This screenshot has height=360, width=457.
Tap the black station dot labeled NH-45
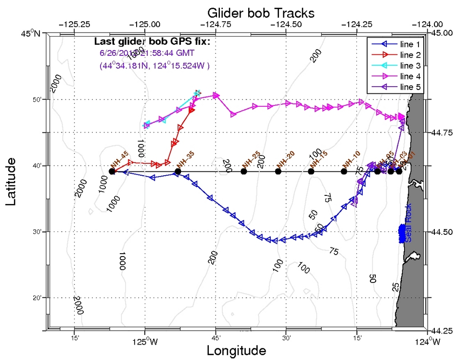coord(112,171)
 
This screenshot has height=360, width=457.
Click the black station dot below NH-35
coord(178,171)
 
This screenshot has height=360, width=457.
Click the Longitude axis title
coord(236,350)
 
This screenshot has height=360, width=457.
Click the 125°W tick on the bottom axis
coord(145,342)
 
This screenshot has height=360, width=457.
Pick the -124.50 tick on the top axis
coord(286,23)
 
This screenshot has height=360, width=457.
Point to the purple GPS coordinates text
coord(154,65)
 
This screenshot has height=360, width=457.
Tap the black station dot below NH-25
coord(244,171)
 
